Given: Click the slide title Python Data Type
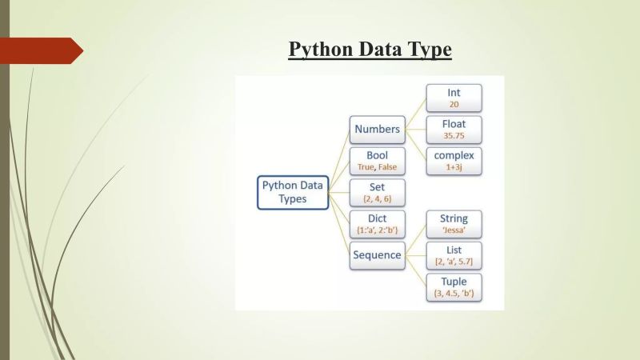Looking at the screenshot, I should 370,50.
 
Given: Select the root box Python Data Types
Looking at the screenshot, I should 293,192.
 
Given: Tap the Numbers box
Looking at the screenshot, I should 377,129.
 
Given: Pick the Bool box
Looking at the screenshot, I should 377,160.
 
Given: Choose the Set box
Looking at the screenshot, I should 377,192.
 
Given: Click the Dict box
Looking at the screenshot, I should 377,224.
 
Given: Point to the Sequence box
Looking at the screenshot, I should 377,255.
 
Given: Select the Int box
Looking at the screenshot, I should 454,98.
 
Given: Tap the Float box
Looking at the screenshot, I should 454,129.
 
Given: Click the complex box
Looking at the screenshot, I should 454,160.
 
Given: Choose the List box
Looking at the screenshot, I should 454,255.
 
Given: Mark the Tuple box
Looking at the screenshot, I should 454,287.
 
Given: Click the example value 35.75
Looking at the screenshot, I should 454,136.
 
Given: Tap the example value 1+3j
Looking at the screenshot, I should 454,167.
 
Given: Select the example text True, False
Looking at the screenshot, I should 377,167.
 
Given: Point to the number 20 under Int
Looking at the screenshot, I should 454,105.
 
